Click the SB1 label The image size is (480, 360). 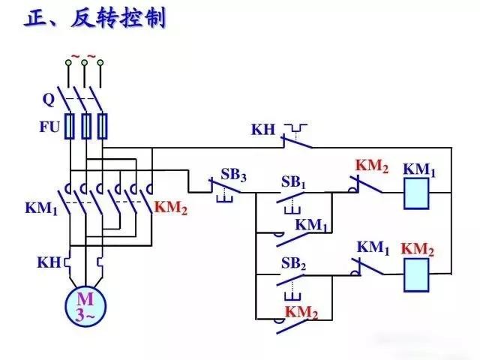(x=294, y=182)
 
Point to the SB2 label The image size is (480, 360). (x=293, y=264)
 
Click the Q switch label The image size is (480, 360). (x=48, y=99)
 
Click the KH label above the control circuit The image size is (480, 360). (x=263, y=130)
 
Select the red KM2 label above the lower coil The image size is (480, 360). (x=418, y=249)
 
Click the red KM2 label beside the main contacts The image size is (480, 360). (x=171, y=208)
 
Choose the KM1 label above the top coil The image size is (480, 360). (x=419, y=169)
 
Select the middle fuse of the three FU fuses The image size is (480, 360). (x=87, y=126)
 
